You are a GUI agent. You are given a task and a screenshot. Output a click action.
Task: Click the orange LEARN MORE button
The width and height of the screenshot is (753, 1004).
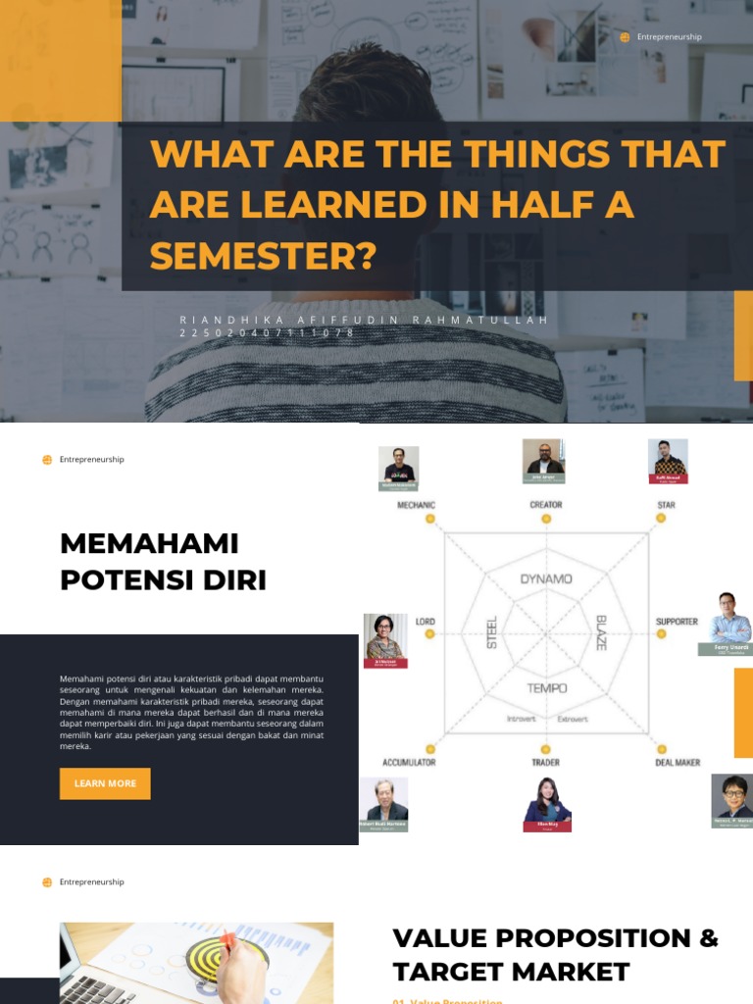coord(105,783)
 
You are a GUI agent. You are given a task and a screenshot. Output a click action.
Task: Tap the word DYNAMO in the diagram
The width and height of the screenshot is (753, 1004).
coord(546,578)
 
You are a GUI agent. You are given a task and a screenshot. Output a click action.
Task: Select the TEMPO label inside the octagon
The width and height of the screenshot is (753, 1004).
coord(547,688)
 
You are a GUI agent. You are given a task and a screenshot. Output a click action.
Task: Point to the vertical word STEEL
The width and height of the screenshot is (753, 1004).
coord(492,632)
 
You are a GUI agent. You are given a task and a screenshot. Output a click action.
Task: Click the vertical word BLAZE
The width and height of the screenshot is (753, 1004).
coord(601,632)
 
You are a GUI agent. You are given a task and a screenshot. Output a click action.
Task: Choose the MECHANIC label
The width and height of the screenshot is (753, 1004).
coord(416,505)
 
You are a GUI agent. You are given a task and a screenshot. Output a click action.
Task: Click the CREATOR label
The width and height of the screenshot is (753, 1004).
coord(546,505)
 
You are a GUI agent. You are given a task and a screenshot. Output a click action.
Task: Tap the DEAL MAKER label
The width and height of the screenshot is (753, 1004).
coord(678,762)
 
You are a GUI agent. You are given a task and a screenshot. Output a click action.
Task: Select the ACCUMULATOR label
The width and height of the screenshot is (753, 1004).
coord(409,762)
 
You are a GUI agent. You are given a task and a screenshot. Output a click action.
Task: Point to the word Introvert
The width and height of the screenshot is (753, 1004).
coord(522,719)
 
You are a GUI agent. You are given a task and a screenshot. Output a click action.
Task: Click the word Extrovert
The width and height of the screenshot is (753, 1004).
coord(573,719)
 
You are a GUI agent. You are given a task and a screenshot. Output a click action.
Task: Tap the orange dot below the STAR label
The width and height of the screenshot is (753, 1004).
coord(661,518)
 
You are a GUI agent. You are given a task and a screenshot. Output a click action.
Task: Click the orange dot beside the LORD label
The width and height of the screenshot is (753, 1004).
coord(429,634)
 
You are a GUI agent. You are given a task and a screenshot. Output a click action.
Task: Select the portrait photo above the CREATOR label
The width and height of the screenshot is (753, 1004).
coord(543,460)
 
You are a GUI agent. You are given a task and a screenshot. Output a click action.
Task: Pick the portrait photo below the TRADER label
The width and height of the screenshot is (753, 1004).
coord(547,803)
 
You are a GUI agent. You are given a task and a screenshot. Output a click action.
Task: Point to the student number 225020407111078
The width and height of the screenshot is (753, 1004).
coord(267,333)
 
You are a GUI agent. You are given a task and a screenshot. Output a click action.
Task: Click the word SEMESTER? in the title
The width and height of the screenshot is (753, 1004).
coord(263,256)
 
